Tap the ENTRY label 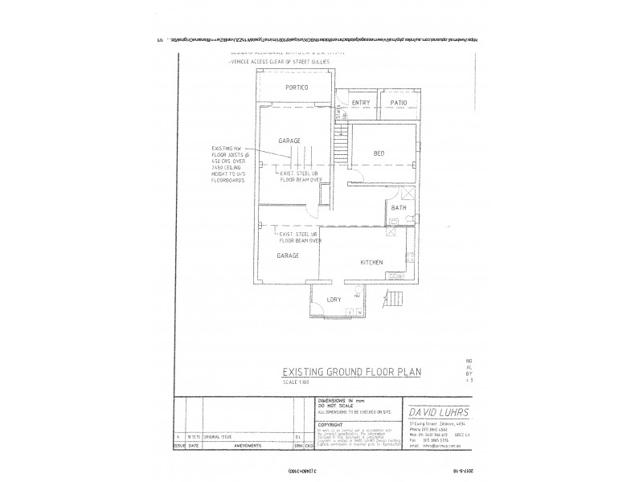point(359,104)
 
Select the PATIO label point(399,104)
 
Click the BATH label point(398,209)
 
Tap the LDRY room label point(334,300)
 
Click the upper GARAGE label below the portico point(289,140)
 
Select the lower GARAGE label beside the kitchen point(287,255)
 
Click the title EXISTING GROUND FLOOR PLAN point(350,372)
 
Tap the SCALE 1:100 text point(297,382)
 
